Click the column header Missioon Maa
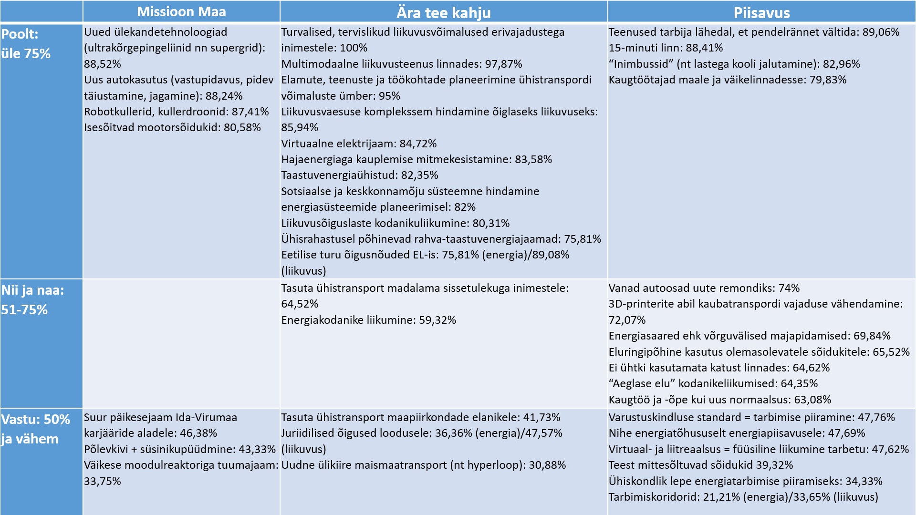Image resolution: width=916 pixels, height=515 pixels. (181, 12)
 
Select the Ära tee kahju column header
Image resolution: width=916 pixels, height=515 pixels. (444, 13)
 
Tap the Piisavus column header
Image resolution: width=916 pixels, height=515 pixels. (761, 13)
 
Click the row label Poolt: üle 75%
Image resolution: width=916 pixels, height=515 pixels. (26, 44)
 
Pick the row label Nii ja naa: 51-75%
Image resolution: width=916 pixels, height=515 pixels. (32, 300)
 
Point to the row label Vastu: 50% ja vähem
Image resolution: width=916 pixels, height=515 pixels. (36, 429)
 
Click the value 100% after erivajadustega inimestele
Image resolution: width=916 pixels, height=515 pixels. (353, 48)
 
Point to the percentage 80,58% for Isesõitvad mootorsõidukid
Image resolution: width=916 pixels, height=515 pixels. (242, 128)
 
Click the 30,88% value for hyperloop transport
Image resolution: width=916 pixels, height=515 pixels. (547, 465)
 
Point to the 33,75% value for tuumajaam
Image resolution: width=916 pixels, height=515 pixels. (103, 481)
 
